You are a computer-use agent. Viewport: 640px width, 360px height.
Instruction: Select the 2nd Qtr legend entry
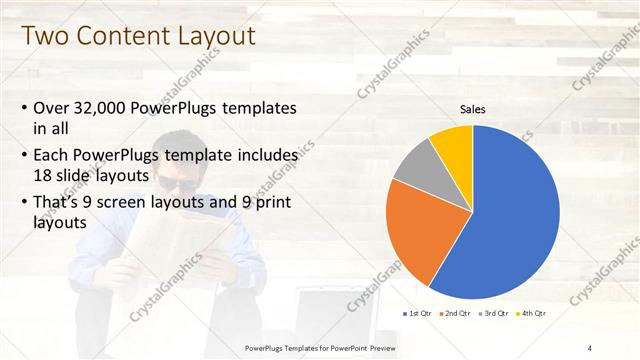[457, 314]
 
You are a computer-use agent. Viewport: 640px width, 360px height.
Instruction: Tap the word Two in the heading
[44, 37]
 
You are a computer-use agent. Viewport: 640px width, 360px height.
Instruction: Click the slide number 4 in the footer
[590, 347]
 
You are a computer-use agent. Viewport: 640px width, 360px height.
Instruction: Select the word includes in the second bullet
[264, 157]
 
